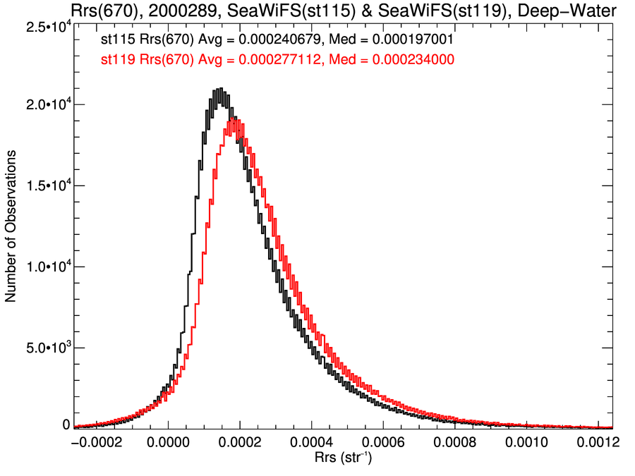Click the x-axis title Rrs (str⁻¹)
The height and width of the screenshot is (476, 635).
[344, 459]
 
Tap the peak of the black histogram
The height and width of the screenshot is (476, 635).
[221, 90]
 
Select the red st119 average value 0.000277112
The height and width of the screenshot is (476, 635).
[279, 61]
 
